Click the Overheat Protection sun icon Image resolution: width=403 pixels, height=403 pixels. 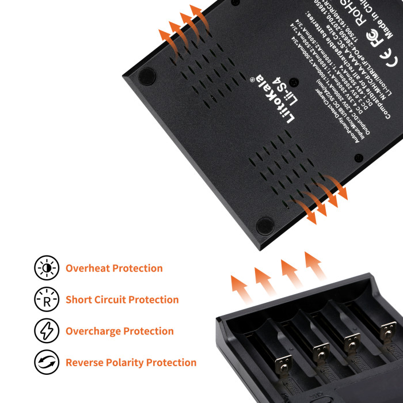[x=47, y=268]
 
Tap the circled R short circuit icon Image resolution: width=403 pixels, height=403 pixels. [x=47, y=299]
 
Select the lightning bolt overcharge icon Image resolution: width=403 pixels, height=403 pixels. [x=47, y=331]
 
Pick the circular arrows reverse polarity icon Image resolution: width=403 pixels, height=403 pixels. [x=47, y=363]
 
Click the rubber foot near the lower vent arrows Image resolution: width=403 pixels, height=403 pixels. [x=264, y=225]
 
